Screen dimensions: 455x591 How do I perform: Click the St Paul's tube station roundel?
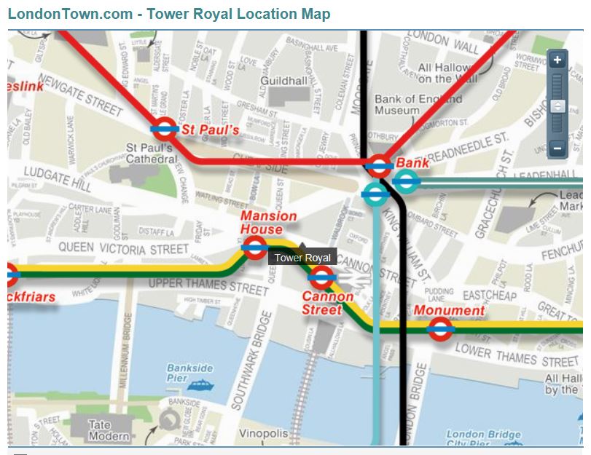(165, 130)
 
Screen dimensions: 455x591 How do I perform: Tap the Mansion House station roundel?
(254, 248)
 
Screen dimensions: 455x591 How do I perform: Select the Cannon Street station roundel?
(321, 277)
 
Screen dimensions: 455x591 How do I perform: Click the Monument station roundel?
(439, 328)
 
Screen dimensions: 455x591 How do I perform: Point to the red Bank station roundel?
(380, 166)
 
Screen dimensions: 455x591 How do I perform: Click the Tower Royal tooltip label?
(302, 258)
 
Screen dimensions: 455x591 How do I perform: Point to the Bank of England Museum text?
(418, 105)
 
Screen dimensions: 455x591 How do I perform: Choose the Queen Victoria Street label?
(123, 248)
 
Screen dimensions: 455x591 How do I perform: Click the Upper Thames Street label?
(208, 285)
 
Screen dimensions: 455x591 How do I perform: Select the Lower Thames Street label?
(516, 355)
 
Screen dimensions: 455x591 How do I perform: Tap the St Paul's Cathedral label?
(152, 153)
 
